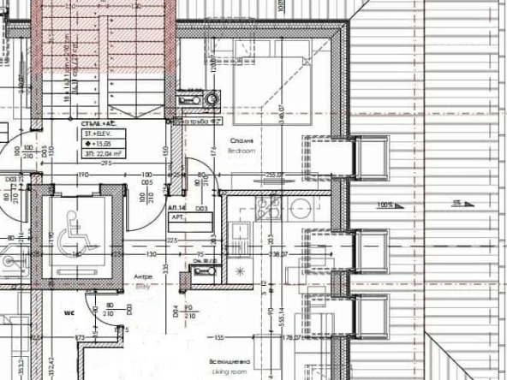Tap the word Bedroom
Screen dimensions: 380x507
242,150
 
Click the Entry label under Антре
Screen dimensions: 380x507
142,288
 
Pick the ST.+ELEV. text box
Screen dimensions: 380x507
98,134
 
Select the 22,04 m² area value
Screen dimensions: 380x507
100,155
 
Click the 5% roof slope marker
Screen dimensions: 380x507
457,204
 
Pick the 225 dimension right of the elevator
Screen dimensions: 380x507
172,241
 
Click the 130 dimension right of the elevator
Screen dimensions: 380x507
152,255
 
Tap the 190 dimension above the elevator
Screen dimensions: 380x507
84,174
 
